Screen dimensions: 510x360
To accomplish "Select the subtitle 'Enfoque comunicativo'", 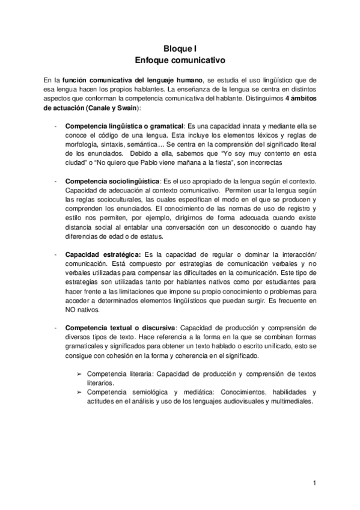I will [179, 61].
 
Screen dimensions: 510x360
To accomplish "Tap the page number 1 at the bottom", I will [314, 483].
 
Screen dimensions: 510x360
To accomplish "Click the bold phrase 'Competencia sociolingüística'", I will [112, 181].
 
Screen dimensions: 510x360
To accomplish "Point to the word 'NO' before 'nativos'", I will [70, 309].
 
